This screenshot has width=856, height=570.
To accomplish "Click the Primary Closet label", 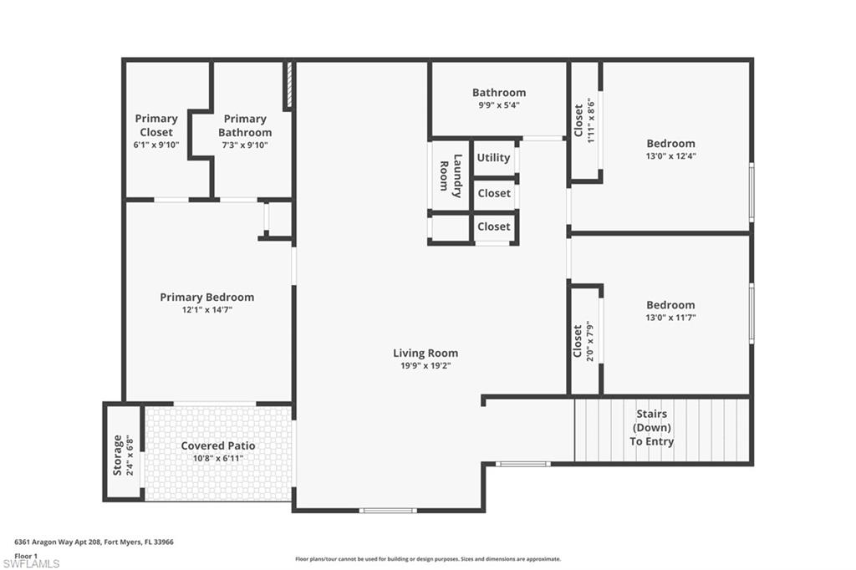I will [x=156, y=125].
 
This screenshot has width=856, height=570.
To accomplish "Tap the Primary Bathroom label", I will [x=245, y=125].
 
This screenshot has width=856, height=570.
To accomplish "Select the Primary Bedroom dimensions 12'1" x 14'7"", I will [x=207, y=310].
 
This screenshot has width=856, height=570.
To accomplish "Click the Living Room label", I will [x=425, y=353].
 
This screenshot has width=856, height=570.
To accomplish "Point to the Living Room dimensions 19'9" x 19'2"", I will [x=425, y=365].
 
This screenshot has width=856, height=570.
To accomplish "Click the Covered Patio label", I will [x=218, y=445].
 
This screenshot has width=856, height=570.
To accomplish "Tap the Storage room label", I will [x=118, y=455].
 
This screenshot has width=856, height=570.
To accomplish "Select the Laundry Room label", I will [x=451, y=176].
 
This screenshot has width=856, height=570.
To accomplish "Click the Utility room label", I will [x=493, y=157].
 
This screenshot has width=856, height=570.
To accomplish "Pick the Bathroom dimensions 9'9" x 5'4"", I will [x=499, y=105].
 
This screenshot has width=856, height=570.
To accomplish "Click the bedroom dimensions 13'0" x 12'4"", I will [x=670, y=155].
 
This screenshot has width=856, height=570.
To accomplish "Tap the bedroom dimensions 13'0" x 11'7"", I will [x=670, y=318].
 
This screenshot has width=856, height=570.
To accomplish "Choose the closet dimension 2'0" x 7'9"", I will [x=589, y=340].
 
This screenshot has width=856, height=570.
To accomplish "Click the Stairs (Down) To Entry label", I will [x=652, y=428].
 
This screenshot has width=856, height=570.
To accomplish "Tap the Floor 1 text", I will [x=27, y=555].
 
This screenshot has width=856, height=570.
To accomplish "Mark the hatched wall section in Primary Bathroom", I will [x=288, y=86].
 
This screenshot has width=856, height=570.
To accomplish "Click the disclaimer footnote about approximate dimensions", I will [x=427, y=559].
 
